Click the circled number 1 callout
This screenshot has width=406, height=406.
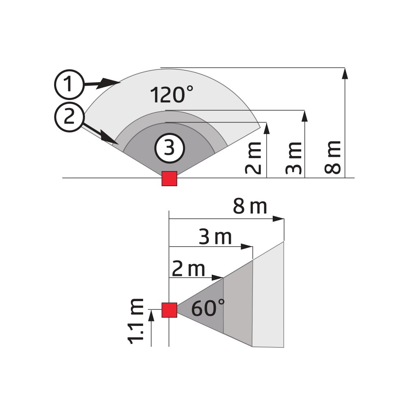[x=69, y=85]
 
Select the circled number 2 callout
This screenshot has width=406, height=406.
[x=69, y=117]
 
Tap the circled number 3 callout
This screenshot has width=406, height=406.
[x=169, y=148]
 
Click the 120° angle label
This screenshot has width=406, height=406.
[x=172, y=94]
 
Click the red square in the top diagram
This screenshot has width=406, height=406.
[x=169, y=178]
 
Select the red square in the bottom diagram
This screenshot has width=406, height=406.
[x=169, y=310]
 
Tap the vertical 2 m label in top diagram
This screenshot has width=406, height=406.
[x=253, y=158]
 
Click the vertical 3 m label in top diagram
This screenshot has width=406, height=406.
[x=293, y=158]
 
